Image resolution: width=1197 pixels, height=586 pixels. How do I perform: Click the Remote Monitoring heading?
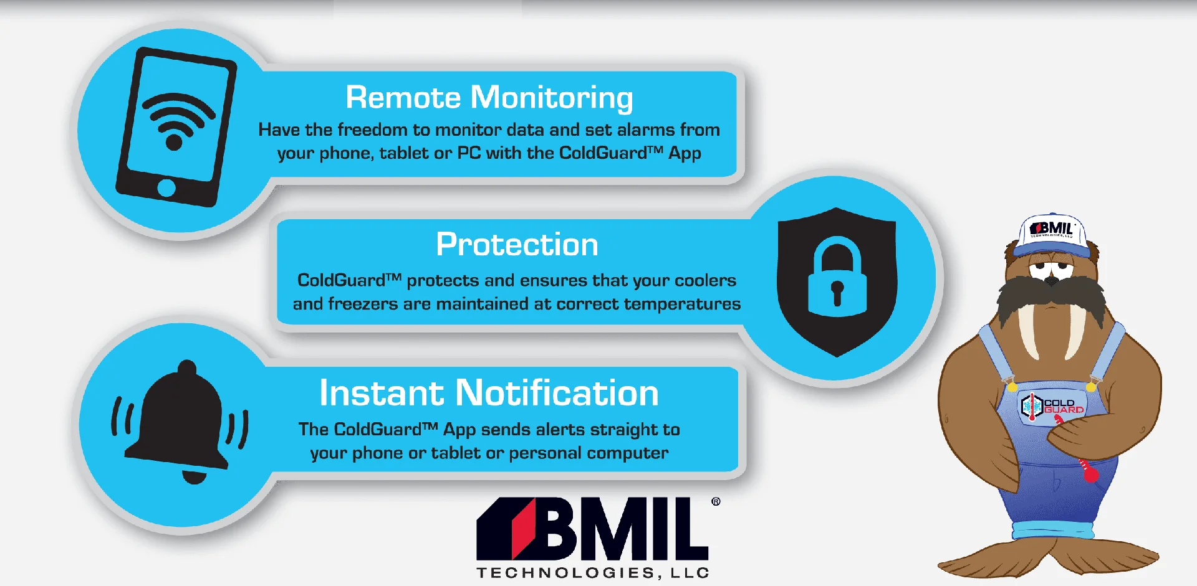pyautogui.click(x=489, y=98)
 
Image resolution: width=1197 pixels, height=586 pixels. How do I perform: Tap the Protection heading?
pyautogui.click(x=517, y=244)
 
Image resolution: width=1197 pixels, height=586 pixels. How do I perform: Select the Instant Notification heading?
pyautogui.click(x=489, y=393)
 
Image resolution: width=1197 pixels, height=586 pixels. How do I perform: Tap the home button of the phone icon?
pyautogui.click(x=166, y=187)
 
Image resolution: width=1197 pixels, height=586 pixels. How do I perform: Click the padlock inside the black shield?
pyautogui.click(x=837, y=276)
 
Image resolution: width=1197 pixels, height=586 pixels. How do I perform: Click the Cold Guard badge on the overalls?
pyautogui.click(x=1052, y=406)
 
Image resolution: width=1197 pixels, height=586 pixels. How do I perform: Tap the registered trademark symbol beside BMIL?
pyautogui.click(x=716, y=501)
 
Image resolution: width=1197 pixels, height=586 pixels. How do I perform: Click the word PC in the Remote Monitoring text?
pyautogui.click(x=469, y=153)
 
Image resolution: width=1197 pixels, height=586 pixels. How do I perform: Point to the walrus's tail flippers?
pyautogui.click(x=1047, y=557)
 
